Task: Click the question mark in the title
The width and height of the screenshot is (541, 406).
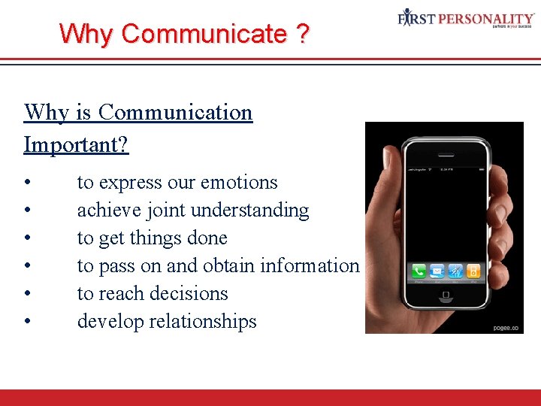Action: [301, 34]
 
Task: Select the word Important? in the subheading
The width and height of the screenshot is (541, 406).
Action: [76, 144]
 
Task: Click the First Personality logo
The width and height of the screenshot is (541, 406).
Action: [466, 19]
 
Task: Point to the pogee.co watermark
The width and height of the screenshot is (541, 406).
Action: [506, 328]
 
